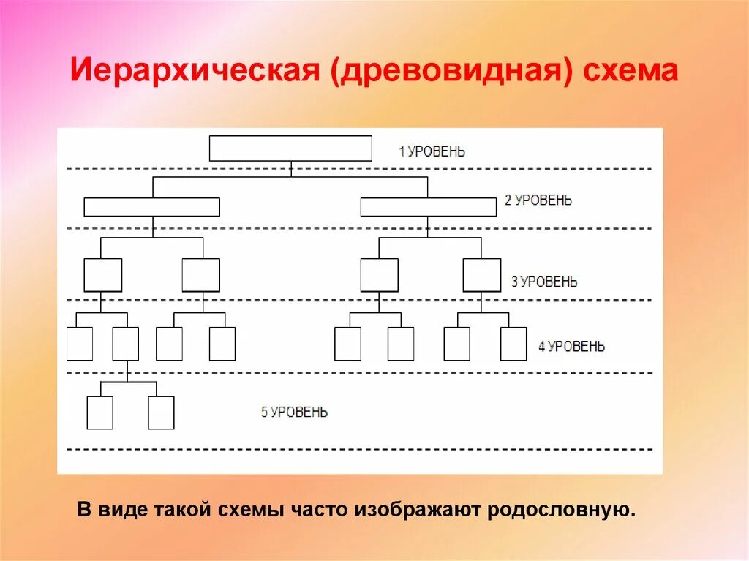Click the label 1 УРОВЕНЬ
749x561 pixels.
432,152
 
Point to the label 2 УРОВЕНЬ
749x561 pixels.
538,201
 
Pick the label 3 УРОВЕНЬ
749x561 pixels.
543,282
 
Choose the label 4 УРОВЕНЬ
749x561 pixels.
571,347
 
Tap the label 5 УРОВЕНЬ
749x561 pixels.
295,413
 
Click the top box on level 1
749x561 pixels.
290,148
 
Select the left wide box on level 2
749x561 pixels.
151,207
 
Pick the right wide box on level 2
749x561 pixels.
428,207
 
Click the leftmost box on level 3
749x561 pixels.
102,275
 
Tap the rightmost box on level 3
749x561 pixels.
481,275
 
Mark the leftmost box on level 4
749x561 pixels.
80,344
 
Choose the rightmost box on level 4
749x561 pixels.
513,344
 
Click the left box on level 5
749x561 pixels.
100,413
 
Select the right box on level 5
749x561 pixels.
161,413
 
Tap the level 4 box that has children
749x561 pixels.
126,344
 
